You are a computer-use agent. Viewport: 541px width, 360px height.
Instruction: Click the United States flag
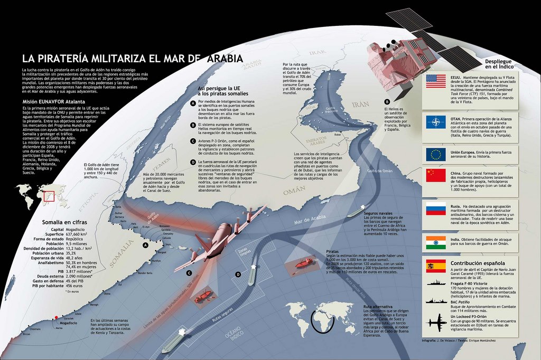436,81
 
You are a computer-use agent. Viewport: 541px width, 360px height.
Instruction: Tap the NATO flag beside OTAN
436,122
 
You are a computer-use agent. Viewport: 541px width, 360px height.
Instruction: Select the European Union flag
436,154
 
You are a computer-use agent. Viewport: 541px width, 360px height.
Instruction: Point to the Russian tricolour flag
436,209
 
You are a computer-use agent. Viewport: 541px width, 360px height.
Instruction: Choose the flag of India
436,242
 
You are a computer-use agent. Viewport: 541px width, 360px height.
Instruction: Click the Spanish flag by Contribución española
436,266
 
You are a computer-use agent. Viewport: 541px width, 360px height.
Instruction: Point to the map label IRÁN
360,104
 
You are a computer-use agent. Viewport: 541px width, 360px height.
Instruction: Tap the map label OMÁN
294,194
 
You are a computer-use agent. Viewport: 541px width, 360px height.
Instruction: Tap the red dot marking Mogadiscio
56,318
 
